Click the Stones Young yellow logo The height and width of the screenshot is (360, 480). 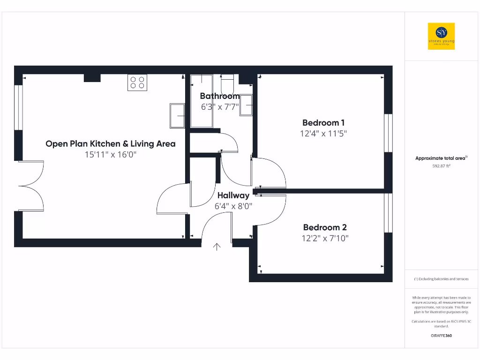tap(441, 36)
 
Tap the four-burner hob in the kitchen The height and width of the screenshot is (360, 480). tap(137, 82)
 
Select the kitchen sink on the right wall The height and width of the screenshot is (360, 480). tap(177, 115)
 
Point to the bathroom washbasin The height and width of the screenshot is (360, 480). tap(246, 105)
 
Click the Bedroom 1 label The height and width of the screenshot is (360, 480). tap(323, 123)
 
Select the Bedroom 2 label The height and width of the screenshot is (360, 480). tap(325, 227)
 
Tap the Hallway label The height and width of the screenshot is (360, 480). tap(233, 195)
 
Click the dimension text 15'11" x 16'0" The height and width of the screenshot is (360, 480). tap(111, 155)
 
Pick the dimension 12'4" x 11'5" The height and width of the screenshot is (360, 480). tap(323, 134)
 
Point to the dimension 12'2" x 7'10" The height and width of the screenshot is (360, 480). tap(325, 238)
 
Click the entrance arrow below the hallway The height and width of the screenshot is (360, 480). tap(217, 247)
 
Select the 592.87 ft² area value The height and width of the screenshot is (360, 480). tap(441, 165)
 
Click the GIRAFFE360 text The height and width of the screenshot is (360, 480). tap(441, 336)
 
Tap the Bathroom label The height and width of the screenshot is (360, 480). tap(220, 96)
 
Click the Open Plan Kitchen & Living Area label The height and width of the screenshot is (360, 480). tap(111, 143)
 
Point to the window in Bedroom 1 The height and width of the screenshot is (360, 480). tap(388, 133)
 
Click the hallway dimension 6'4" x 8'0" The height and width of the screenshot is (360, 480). tap(233, 206)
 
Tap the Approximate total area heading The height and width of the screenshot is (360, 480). tap(441, 158)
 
